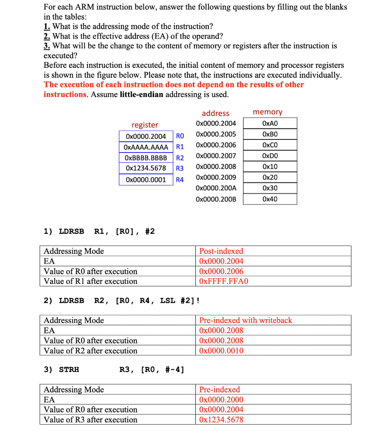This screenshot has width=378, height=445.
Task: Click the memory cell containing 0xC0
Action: click(x=270, y=145)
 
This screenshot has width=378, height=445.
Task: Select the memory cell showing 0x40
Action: click(x=270, y=199)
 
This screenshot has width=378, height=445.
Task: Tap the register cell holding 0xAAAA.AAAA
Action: click(x=146, y=147)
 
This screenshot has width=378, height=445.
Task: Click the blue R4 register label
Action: click(x=180, y=179)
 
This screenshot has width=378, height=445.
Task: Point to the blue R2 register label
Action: click(x=180, y=158)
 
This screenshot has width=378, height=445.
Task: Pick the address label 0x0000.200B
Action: click(x=216, y=199)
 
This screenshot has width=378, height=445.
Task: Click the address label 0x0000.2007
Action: click(x=216, y=156)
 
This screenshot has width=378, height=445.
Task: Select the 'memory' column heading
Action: click(x=268, y=112)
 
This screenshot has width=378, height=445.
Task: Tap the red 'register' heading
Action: click(x=145, y=125)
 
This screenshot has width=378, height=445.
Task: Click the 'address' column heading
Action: click(x=215, y=113)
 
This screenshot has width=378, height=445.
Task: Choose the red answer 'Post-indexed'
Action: click(x=221, y=251)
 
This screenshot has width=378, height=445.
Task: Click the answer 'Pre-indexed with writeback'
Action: click(x=245, y=320)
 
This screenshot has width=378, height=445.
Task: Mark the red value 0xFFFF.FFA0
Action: click(x=223, y=281)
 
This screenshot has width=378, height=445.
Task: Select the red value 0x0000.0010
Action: click(x=221, y=351)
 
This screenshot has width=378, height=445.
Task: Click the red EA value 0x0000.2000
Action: click(x=221, y=400)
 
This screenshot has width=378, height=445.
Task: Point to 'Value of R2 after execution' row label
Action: click(x=90, y=351)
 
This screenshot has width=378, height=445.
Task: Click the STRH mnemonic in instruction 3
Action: click(x=69, y=370)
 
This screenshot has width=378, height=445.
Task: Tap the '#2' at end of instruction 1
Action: click(x=149, y=231)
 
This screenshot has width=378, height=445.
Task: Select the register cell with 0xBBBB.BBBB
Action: click(x=146, y=158)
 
